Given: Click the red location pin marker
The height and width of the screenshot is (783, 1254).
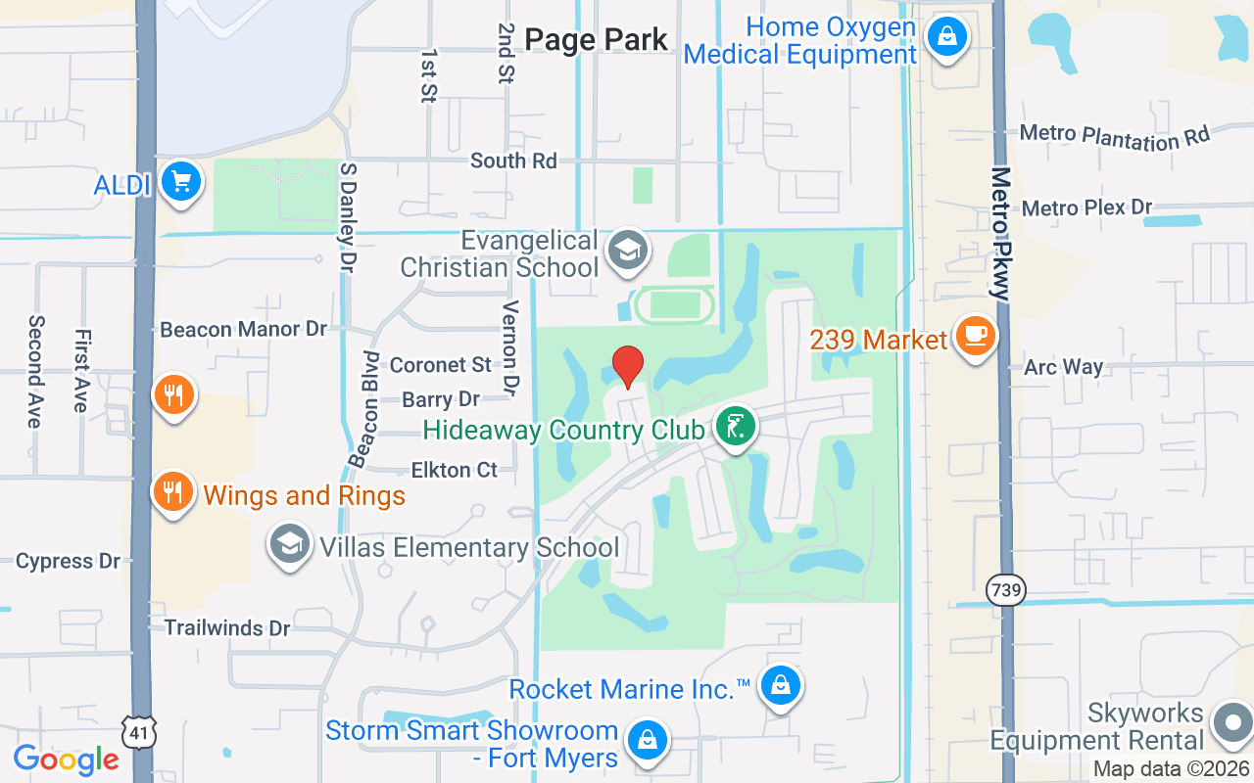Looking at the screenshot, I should coord(627,366).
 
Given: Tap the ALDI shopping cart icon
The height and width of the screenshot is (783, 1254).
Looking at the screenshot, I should coord(180,181).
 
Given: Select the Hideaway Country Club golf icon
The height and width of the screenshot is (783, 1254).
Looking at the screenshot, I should coord(735,427).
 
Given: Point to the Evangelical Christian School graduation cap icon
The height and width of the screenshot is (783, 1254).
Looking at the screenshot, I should coord(627,251).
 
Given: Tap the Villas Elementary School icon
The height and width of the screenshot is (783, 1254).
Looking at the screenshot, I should coord(289,544).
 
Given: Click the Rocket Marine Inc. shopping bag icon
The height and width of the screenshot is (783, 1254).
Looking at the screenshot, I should coord(780,686).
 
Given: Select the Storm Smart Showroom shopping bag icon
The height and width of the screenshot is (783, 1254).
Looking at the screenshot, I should coord(647,740).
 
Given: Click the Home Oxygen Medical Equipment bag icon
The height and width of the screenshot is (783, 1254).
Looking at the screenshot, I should coord(946,38).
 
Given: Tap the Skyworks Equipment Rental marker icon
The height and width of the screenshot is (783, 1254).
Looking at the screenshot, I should coord(1231,724).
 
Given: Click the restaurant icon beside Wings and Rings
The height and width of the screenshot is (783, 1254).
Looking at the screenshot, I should coord(173,491).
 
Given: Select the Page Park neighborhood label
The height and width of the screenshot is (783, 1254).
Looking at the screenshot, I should coord(596,40).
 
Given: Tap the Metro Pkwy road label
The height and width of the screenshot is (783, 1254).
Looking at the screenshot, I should coord(1000,234).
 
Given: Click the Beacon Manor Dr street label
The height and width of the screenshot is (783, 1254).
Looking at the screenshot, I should coord(244,329).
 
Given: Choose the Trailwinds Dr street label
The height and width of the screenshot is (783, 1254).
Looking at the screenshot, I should coord(227,627).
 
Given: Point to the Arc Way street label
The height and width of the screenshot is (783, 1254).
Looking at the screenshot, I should coord(1064,367).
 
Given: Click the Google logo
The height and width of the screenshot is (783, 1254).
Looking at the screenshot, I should coord(67,760).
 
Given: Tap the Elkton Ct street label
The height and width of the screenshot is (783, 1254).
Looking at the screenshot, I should coord(455,470).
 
